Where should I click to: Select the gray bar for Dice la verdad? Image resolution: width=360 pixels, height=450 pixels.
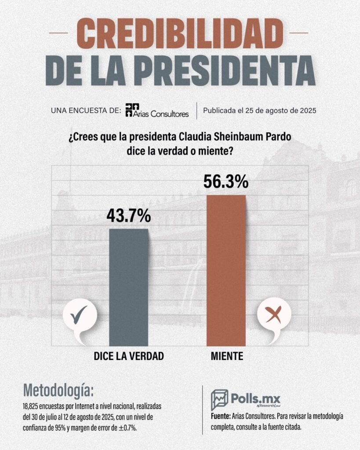point(129,286)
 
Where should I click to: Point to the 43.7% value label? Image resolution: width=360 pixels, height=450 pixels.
point(129,216)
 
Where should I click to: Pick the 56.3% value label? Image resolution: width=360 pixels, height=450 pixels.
point(226,181)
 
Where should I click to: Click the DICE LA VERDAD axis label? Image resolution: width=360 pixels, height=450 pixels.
point(129,356)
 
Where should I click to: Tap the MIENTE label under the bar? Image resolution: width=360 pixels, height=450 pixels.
point(227,356)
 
